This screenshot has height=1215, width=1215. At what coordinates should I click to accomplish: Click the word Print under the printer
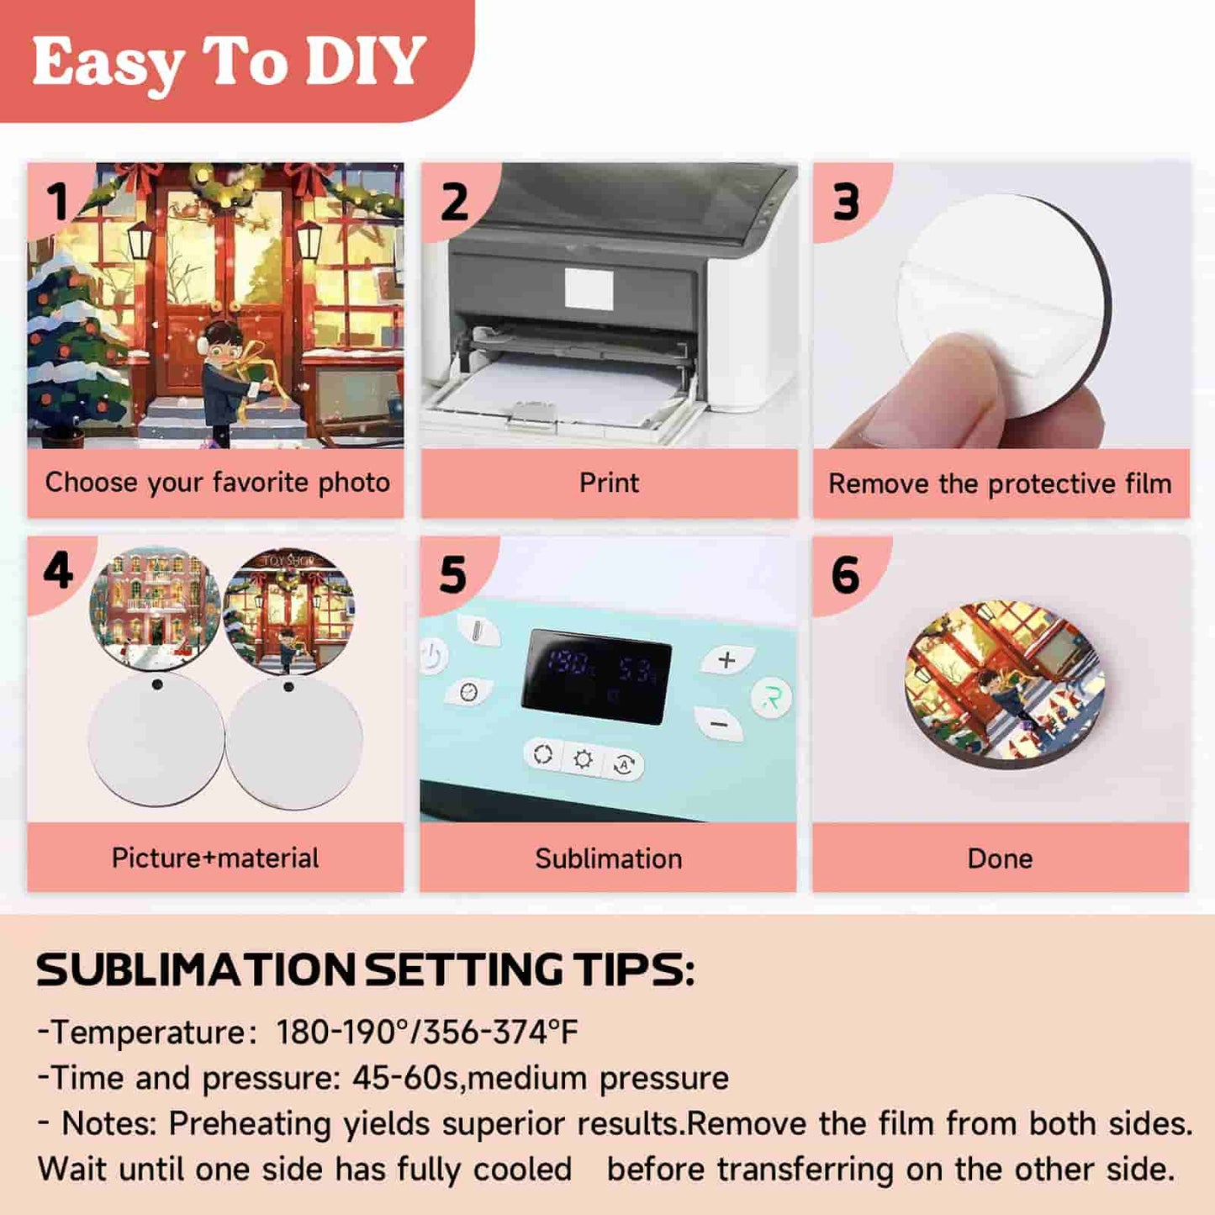(x=609, y=483)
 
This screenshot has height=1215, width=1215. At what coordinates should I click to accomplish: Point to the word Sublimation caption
(x=609, y=858)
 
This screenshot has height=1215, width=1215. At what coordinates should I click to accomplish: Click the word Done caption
(x=1000, y=858)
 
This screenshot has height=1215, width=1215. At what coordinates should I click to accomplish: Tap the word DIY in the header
(x=362, y=61)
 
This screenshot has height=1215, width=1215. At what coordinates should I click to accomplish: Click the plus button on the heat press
(x=727, y=660)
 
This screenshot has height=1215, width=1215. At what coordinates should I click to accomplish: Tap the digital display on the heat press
(x=596, y=677)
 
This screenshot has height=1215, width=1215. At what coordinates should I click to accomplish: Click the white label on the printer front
(x=589, y=288)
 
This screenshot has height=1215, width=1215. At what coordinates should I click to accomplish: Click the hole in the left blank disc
(x=157, y=684)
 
